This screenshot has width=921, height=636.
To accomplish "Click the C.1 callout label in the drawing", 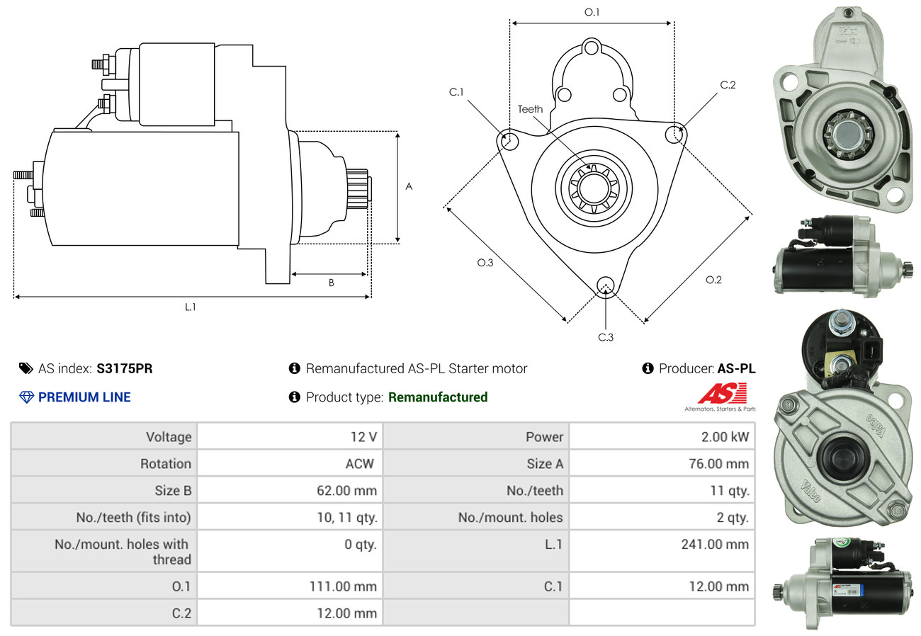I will pyautogui.click(x=456, y=92).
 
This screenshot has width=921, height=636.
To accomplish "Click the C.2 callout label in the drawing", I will pyautogui.click(x=728, y=85).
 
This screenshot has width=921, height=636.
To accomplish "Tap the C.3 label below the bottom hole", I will pyautogui.click(x=606, y=337).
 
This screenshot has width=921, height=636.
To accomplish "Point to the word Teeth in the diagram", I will pyautogui.click(x=530, y=109).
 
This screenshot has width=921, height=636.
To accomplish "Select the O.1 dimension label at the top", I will pyautogui.click(x=592, y=12).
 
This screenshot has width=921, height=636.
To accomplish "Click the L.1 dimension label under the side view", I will pyautogui.click(x=191, y=307).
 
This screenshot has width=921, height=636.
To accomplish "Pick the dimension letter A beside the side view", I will pyautogui.click(x=409, y=186).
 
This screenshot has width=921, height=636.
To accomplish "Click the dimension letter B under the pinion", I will pyautogui.click(x=331, y=283).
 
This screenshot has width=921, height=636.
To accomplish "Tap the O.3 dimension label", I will pyautogui.click(x=485, y=263).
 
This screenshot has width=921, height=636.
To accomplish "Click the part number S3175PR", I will pyautogui.click(x=125, y=368).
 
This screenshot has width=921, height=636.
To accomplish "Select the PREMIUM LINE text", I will pyautogui.click(x=84, y=397).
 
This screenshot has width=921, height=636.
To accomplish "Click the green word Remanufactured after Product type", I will pyautogui.click(x=438, y=397).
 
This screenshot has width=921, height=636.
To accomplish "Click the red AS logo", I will pyautogui.click(x=722, y=394).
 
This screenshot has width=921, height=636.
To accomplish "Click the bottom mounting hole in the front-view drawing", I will pyautogui.click(x=606, y=285).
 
